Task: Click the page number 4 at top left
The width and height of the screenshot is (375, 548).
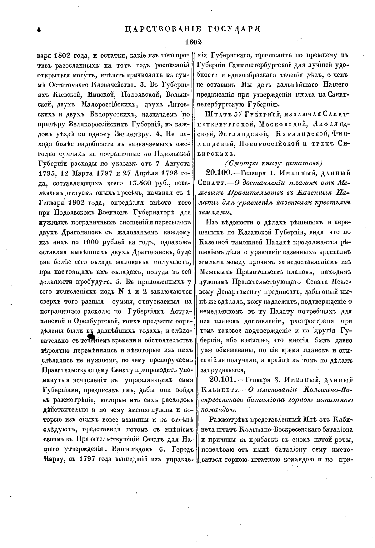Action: [39, 30]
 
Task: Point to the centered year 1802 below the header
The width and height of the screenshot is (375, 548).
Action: [193, 42]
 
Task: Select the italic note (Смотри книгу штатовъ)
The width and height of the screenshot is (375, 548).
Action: [273, 163]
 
